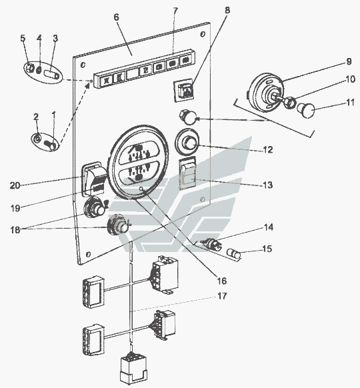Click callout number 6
coord(116,17)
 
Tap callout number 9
coord(349,61)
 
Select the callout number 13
coord(267,185)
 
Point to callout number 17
coord(222,296)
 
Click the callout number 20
coord(15,185)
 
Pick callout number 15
coord(267,249)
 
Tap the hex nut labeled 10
coord(289,103)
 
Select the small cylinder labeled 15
coord(234,254)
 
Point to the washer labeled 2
coord(37,139)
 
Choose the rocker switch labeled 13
coord(187,173)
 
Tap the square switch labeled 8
coord(184,90)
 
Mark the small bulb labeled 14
coord(211,243)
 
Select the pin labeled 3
coord(52,74)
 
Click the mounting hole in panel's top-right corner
coord(203,34)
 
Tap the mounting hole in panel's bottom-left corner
coord(88,254)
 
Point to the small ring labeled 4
coord(39,70)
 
